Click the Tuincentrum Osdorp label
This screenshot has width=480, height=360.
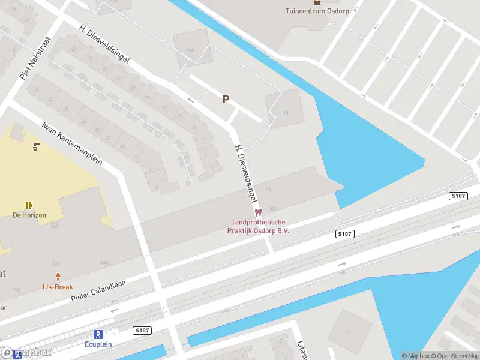(x=317, y=11)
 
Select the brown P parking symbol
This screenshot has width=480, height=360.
(x=226, y=100)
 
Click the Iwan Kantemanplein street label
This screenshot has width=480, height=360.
(x=72, y=143)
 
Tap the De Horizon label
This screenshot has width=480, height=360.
(x=29, y=215)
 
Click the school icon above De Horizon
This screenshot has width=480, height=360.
(x=29, y=205)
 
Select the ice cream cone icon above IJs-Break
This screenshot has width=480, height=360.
(x=58, y=277)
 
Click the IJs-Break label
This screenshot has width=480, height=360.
(x=58, y=287)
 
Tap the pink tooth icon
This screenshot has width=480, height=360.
(x=259, y=212)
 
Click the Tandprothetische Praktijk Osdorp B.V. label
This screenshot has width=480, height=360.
(x=259, y=226)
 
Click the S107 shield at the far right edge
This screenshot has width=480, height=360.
(x=458, y=196)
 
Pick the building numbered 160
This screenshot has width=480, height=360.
(x=191, y=49)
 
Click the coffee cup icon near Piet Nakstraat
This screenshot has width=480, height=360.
(x=37, y=146)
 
